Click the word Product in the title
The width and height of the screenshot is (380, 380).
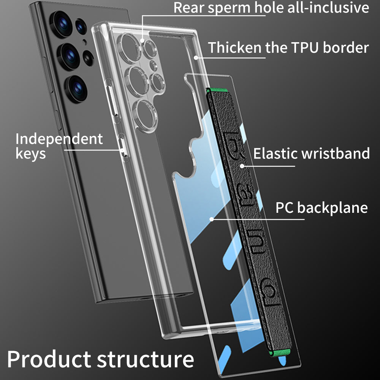49,359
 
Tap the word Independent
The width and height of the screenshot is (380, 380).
59,139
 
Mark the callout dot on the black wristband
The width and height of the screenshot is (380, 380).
242,166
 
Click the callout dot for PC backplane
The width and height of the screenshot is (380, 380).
211,219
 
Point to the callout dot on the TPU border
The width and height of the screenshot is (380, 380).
196,58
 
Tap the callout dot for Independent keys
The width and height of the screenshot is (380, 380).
123,150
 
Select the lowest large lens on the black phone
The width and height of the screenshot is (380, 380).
78,89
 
